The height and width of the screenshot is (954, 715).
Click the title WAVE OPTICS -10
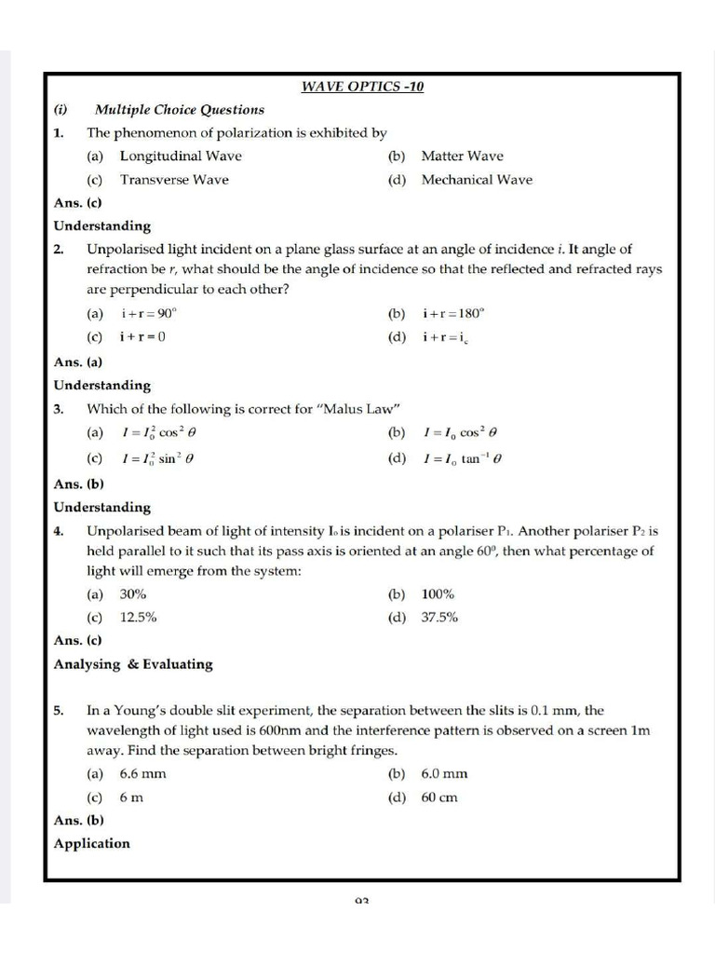pyautogui.click(x=362, y=87)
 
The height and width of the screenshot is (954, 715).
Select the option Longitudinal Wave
pyautogui.click(x=181, y=157)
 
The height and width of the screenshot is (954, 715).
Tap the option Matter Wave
pyautogui.click(x=462, y=157)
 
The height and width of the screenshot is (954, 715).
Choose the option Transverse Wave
pyautogui.click(x=174, y=180)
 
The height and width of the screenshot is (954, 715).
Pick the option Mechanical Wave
pyautogui.click(x=477, y=180)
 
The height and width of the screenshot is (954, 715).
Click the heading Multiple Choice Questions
pyautogui.click(x=179, y=110)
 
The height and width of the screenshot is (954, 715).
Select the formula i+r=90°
pyautogui.click(x=148, y=314)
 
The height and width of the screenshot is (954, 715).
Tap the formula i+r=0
pyautogui.click(x=142, y=337)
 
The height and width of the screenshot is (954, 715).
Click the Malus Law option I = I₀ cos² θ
pyautogui.click(x=461, y=433)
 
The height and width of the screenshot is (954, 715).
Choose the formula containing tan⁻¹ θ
pyautogui.click(x=463, y=458)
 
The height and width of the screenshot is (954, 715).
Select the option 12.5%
pyautogui.click(x=138, y=618)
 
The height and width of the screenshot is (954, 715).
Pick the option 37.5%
pyautogui.click(x=439, y=618)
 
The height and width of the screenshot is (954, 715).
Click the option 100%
pyautogui.click(x=438, y=594)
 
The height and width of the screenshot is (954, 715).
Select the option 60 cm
pyautogui.click(x=439, y=797)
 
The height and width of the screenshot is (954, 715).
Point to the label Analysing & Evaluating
pyautogui.click(x=133, y=664)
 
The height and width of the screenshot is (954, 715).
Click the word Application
pyautogui.click(x=92, y=844)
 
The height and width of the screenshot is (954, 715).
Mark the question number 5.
pyautogui.click(x=58, y=711)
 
